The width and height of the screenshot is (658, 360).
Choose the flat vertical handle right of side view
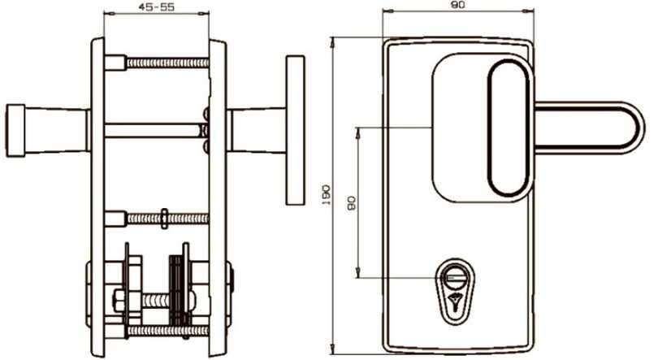click(294, 130)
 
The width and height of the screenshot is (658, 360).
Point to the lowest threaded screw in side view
click(162, 331)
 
